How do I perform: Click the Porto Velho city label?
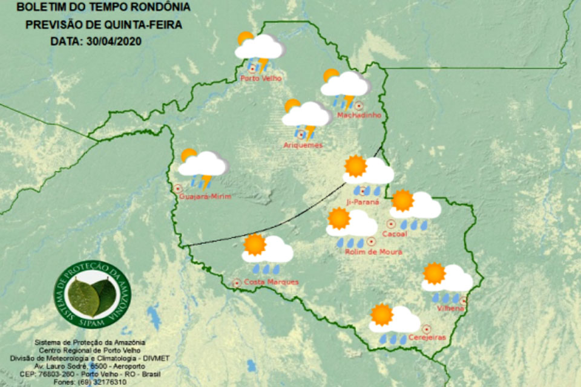tap(260, 78)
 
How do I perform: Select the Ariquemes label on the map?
tap(303, 145)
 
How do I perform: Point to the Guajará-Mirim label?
tap(206, 197)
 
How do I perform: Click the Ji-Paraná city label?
tap(363, 201)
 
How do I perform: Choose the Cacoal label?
tap(395, 233)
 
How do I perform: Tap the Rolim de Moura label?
tap(373, 252)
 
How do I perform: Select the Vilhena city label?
tap(450, 308)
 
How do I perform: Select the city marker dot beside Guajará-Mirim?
tap(178, 188)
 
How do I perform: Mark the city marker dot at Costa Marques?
tap(237, 282)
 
